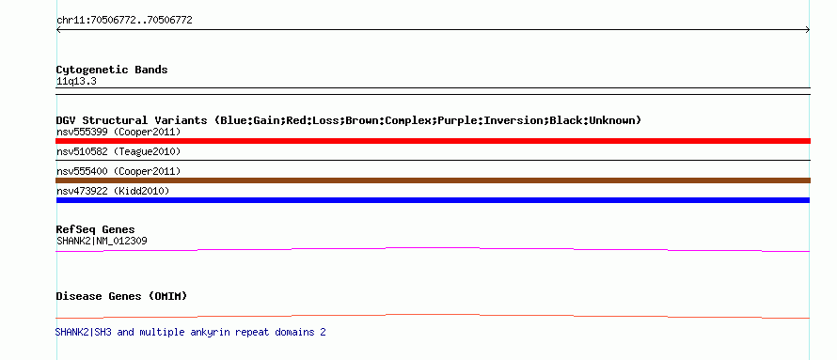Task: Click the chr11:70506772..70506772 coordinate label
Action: [124, 21]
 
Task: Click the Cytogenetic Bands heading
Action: [112, 70]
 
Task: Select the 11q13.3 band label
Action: [76, 82]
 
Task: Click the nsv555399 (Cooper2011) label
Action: [118, 132]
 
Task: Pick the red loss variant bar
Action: [433, 141]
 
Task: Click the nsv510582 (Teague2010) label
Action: [118, 152]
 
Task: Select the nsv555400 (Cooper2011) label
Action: [118, 172]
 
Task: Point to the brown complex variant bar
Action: [433, 180]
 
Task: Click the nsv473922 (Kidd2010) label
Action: [113, 191]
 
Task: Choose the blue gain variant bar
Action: [433, 200]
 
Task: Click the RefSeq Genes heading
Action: [96, 230]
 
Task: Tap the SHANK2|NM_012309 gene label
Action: [102, 241]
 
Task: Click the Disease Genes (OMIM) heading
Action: [121, 296]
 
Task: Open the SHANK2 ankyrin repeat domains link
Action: [191, 332]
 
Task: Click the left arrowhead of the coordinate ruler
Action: [57, 30]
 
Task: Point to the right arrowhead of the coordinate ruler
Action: [808, 30]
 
